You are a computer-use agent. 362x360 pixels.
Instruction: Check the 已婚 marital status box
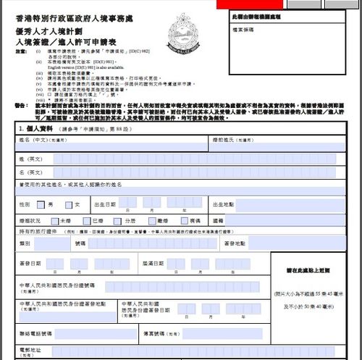89,219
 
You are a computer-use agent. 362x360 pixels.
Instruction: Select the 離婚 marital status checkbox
152,219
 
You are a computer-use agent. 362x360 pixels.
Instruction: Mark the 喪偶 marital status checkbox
185,219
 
